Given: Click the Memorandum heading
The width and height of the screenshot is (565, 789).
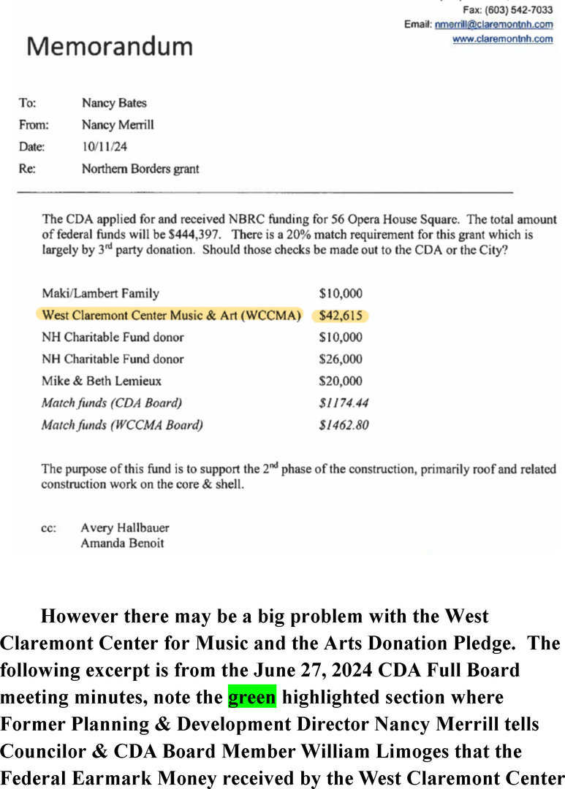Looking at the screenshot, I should [x=110, y=47].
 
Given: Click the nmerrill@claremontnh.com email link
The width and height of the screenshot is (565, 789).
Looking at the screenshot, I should [x=493, y=25].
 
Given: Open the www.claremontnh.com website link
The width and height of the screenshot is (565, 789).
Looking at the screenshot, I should [x=502, y=39].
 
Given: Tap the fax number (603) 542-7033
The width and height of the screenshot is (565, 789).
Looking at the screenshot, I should [x=528, y=10].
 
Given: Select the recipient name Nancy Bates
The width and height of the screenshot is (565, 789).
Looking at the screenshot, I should [x=114, y=103].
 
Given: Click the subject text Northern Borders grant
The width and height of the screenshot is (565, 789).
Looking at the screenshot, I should [x=140, y=169].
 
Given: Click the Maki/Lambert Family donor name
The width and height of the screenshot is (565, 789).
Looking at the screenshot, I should [x=100, y=294].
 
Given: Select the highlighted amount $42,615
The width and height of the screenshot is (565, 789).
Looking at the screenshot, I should [x=341, y=316].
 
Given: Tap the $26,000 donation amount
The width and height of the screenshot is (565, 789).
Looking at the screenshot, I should [x=341, y=359].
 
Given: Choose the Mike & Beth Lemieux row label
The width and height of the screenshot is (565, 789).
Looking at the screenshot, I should [x=102, y=381].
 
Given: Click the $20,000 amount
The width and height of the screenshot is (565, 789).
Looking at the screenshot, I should [x=341, y=381].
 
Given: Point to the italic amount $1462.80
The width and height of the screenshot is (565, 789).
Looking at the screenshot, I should [x=344, y=424].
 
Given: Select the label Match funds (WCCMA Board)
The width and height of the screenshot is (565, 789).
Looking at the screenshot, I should [x=122, y=424].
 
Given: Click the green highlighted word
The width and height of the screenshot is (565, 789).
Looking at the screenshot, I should [x=252, y=698].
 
